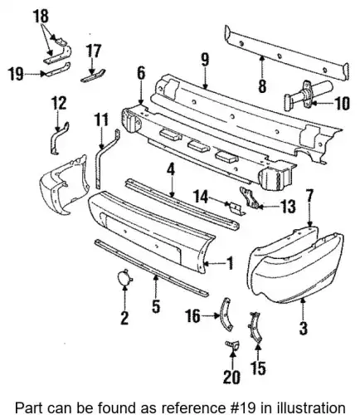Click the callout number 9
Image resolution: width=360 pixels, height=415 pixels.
(205, 61)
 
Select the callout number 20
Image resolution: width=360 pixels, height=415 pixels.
(231, 377)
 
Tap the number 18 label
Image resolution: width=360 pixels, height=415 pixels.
(41, 16)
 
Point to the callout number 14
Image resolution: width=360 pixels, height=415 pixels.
(200, 197)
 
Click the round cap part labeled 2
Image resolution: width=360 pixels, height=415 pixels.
(124, 278)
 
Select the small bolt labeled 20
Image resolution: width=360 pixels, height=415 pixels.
(231, 345)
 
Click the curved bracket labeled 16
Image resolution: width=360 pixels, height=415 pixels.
(226, 314)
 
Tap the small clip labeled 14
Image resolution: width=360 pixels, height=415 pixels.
(235, 208)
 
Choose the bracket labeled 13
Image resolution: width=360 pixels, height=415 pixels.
(250, 198)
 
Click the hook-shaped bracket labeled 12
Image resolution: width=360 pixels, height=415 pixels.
(59, 139)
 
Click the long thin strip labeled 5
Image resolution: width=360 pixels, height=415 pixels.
(152, 268)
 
